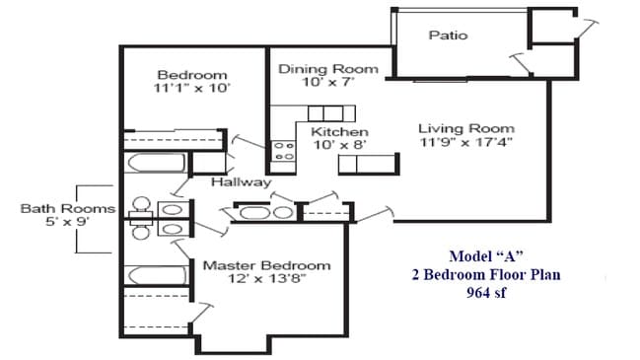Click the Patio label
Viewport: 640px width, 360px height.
click(448, 36)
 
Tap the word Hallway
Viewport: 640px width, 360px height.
click(241, 182)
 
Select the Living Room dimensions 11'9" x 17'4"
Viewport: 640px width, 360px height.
click(465, 143)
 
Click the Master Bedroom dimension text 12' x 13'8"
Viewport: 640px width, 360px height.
click(266, 279)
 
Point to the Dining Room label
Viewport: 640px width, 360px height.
click(327, 69)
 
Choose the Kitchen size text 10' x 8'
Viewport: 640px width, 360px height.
click(339, 145)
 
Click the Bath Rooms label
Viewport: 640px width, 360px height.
click(68, 208)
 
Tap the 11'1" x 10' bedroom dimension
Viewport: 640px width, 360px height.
click(192, 88)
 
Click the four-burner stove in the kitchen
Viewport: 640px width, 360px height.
click(284, 150)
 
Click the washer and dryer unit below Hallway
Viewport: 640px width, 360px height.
click(264, 212)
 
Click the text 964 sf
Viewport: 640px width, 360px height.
click(485, 293)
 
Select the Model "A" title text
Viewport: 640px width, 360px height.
click(485, 257)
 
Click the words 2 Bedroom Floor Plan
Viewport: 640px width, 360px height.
click(485, 275)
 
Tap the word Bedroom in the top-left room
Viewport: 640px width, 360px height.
click(192, 75)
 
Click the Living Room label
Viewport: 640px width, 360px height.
click(465, 129)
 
